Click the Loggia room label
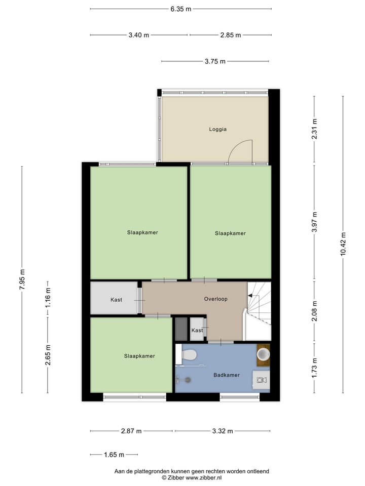(x=217, y=129)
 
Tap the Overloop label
(x=215, y=299)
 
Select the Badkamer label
(x=226, y=375)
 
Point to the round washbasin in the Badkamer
(x=263, y=353)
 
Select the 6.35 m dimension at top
(x=181, y=9)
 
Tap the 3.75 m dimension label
(x=215, y=61)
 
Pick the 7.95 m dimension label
(x=22, y=279)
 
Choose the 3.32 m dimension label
(x=223, y=431)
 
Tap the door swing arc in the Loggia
(x=241, y=150)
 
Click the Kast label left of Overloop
(x=116, y=300)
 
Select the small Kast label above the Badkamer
(x=197, y=330)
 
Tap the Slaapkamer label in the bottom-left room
(x=139, y=356)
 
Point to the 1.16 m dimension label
(x=48, y=298)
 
